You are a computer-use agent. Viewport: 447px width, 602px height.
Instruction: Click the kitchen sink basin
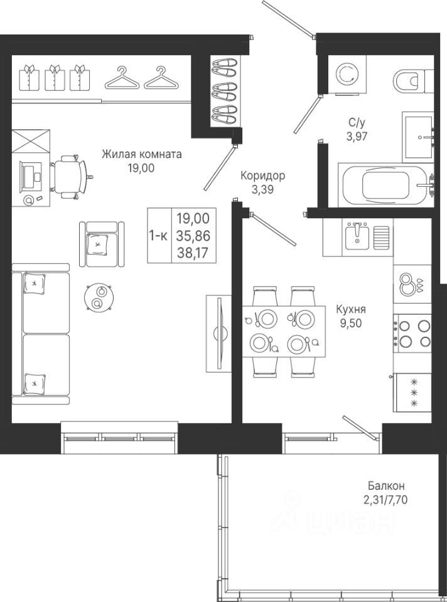pyautogui.click(x=357, y=237)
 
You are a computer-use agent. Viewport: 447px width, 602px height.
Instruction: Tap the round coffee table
pyautogui.click(x=99, y=297)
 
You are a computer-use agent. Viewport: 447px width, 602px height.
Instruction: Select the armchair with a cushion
pyautogui.click(x=102, y=244)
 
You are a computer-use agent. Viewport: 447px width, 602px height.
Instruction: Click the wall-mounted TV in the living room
pyautogui.click(x=220, y=332)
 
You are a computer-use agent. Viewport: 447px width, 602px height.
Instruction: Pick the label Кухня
pyautogui.click(x=350, y=309)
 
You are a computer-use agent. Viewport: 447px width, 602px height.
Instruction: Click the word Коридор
pyautogui.click(x=263, y=176)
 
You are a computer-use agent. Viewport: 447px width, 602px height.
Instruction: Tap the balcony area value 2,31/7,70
pyautogui.click(x=385, y=500)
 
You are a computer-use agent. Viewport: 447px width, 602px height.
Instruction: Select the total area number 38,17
pyautogui.click(x=193, y=253)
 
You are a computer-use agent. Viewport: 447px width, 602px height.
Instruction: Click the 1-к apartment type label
pyautogui.click(x=158, y=236)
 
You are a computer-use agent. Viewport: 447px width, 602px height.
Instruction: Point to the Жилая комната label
pyautogui.click(x=141, y=154)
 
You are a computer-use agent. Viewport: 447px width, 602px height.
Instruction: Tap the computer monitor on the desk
pyautogui.click(x=31, y=176)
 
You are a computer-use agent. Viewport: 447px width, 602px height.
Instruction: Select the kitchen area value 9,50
pyautogui.click(x=350, y=324)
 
